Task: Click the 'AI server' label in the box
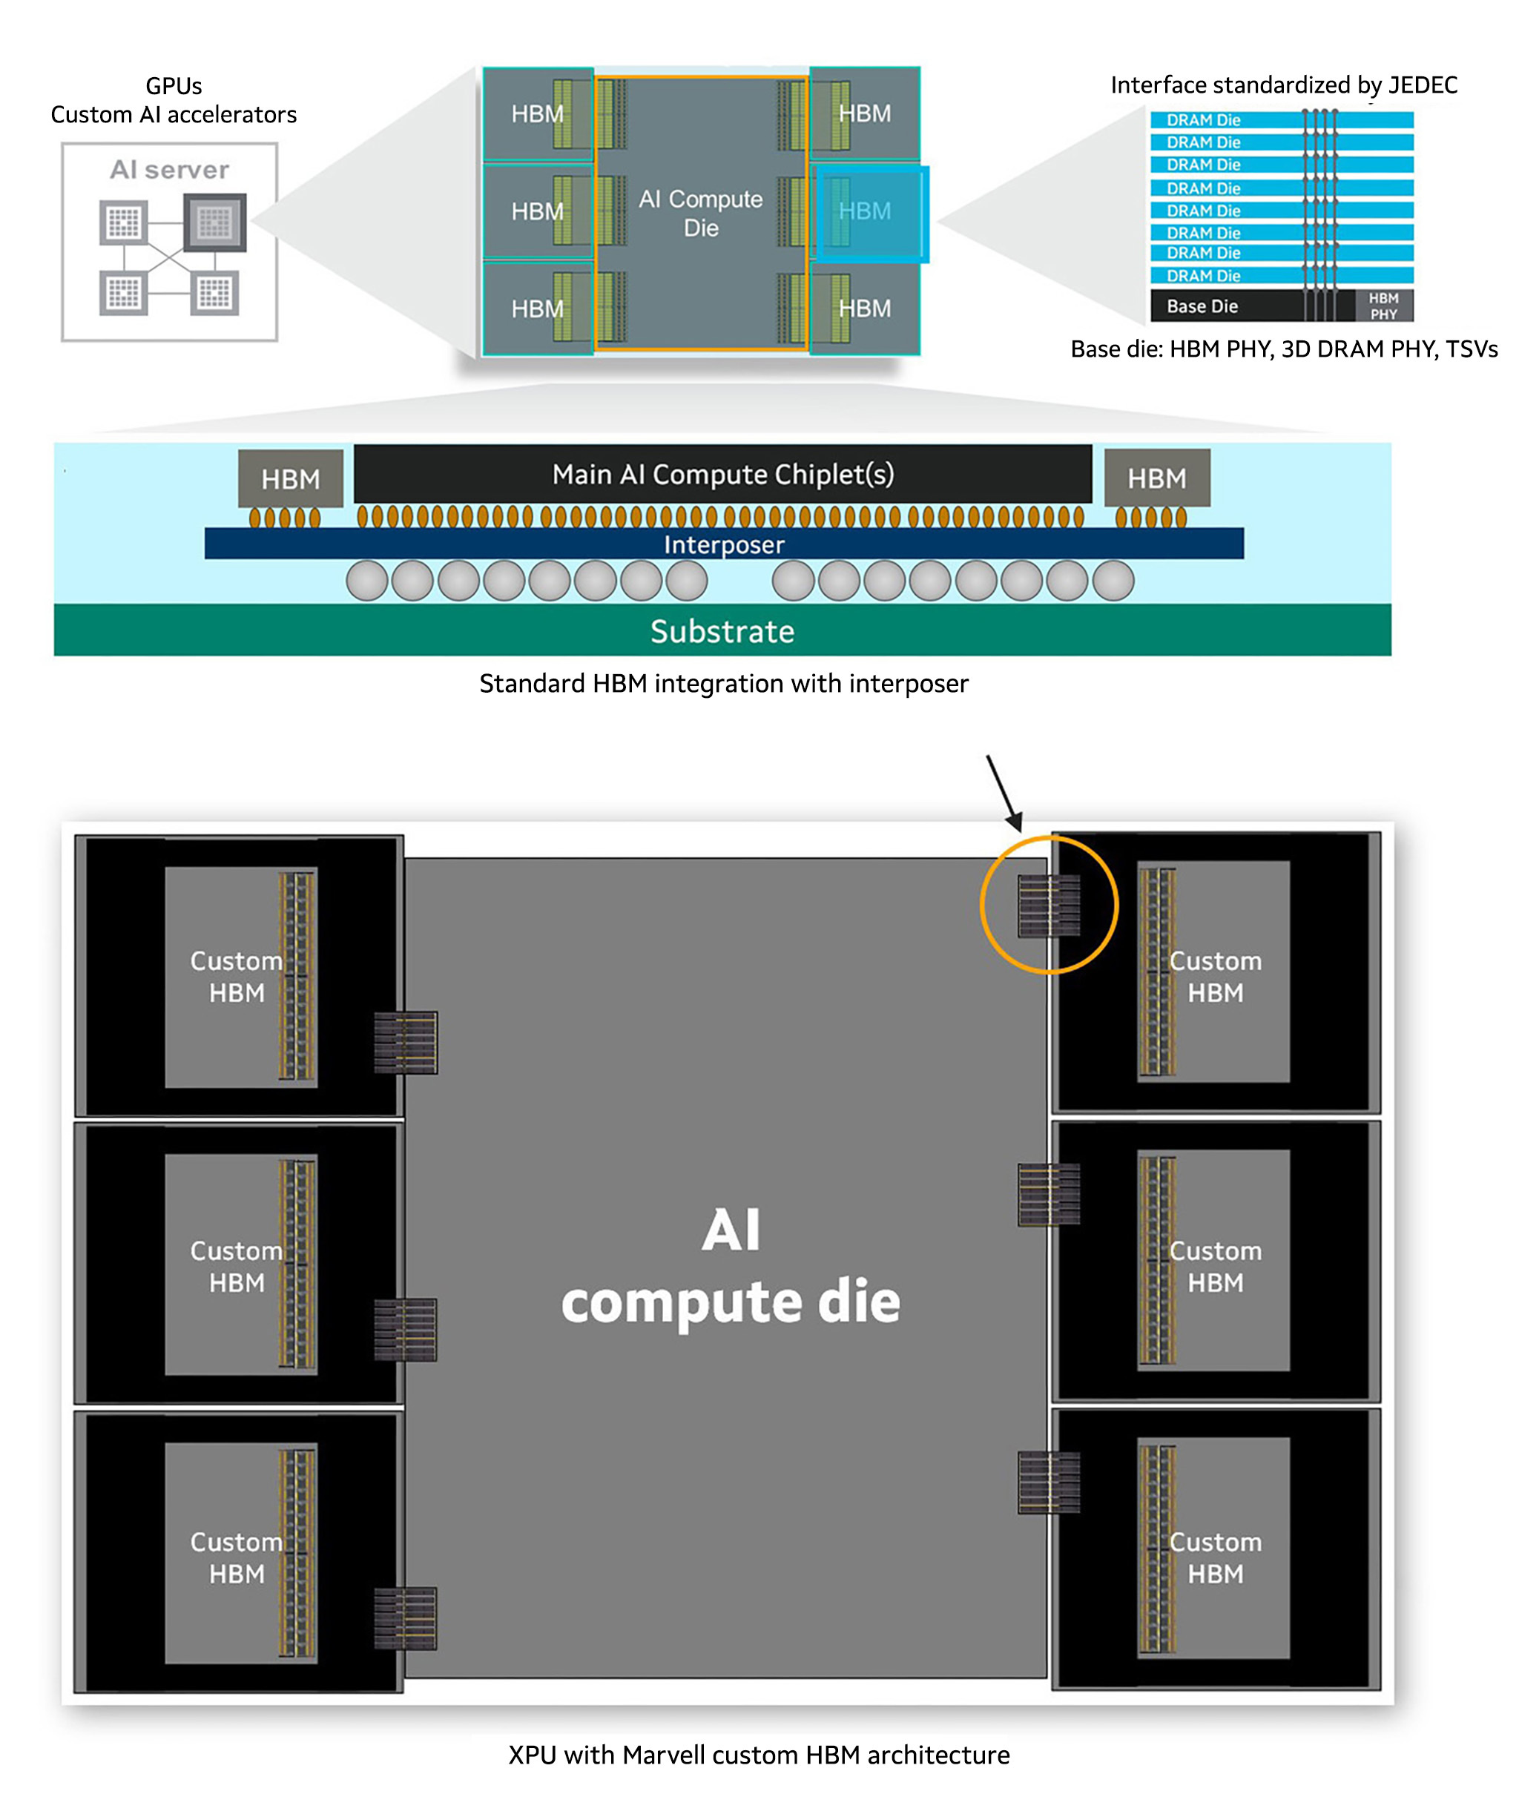[170, 170]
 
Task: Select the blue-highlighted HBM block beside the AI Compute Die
[871, 213]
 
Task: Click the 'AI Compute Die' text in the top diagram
[700, 214]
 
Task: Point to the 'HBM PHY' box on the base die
[1383, 306]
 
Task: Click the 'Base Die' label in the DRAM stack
[1202, 306]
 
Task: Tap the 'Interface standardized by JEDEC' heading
[1283, 85]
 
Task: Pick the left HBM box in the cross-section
[290, 478]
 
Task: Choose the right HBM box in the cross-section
[1156, 478]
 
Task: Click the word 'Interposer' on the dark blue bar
[723, 545]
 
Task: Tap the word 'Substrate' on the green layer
[722, 632]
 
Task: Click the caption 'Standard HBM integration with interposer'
[723, 684]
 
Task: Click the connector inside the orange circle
[1049, 906]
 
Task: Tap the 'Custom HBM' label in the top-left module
[237, 977]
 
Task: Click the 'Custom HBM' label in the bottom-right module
[1215, 1558]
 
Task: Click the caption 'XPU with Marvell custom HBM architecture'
[759, 1755]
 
